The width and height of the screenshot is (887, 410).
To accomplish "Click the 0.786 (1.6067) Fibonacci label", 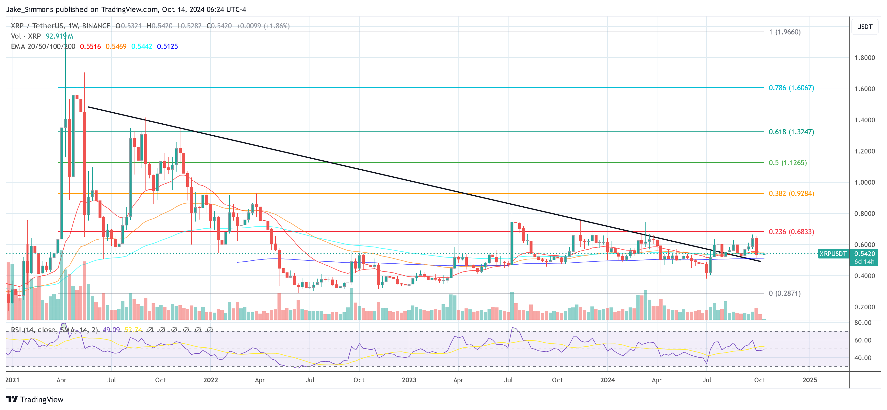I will tap(791, 88).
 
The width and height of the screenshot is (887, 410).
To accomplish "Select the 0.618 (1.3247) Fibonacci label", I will tap(791, 132).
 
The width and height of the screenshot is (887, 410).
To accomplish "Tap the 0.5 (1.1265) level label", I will tap(787, 163).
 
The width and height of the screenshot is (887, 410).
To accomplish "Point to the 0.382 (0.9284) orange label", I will tap(791, 193).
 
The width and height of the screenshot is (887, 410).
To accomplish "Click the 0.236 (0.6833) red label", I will tap(791, 232).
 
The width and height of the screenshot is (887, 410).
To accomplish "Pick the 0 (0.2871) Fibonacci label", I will tap(784, 293).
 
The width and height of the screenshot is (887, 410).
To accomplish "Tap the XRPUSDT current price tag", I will tap(832, 254).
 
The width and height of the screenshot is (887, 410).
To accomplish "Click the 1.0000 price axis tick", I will tap(864, 182).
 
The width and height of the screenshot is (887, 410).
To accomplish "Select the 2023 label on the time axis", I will tap(409, 380).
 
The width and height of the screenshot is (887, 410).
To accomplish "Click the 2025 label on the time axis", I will tap(809, 380).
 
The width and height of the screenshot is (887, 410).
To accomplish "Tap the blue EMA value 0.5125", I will tap(167, 47).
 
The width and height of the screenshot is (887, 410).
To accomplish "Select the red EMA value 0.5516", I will tap(90, 47).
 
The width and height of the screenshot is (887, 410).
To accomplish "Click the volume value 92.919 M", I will tap(59, 36).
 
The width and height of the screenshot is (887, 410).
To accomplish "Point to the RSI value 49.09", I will tap(111, 330).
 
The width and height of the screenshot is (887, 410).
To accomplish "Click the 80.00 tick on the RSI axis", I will tap(863, 323).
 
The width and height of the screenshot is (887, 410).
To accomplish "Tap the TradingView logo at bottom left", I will tap(35, 399).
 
